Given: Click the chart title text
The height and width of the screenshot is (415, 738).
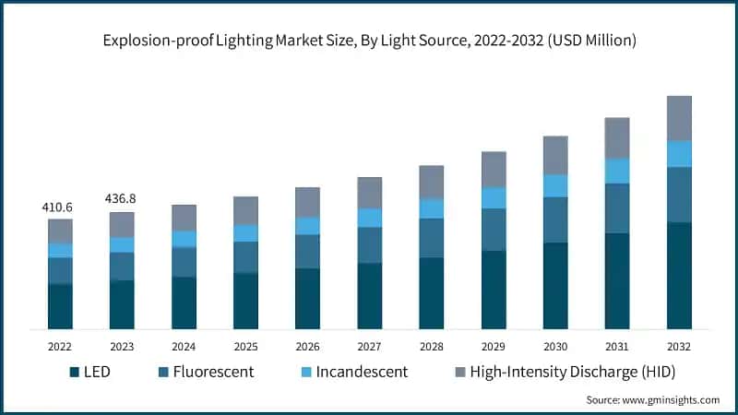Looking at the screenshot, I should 368,41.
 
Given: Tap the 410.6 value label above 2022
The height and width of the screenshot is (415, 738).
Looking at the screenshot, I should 57,207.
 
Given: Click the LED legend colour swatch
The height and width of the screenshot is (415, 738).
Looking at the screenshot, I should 74,373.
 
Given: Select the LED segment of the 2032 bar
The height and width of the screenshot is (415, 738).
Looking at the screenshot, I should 679,276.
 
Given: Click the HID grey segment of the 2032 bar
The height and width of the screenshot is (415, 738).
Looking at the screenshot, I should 679,118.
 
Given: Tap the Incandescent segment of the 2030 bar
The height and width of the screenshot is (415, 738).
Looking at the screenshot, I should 555,185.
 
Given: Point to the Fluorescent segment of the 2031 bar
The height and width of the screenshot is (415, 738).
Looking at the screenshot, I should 617,208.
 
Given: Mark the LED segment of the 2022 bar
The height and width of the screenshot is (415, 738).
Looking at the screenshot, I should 60,306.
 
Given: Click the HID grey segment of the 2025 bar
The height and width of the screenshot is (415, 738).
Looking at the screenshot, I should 245,210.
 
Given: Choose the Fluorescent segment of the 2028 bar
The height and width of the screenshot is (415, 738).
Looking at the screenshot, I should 432,238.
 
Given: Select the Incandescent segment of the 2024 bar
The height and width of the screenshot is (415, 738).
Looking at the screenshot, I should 184,239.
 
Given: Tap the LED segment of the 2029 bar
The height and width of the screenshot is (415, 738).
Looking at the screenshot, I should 494,290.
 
